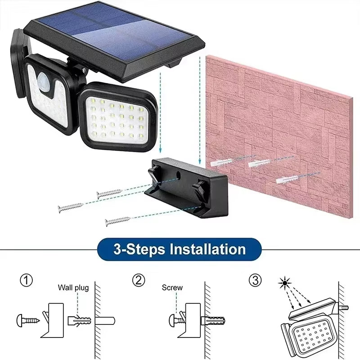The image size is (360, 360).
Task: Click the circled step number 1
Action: [27, 281]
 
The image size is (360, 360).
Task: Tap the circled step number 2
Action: [139, 281]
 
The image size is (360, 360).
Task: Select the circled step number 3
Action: [255, 281]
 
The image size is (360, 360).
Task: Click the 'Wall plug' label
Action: [73, 288]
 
